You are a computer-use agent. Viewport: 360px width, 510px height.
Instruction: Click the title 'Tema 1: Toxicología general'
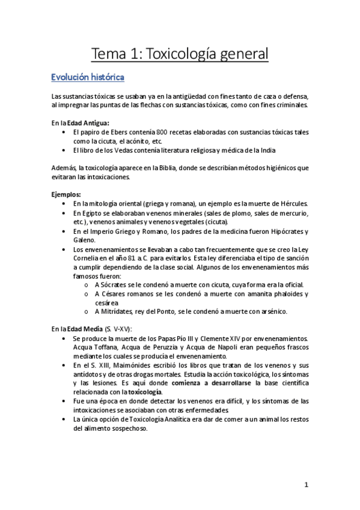(180, 55)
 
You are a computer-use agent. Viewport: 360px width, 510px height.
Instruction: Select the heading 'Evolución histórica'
(88, 78)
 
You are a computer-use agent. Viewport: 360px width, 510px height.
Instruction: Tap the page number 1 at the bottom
(306, 484)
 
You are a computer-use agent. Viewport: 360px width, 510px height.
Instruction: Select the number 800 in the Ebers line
(162, 131)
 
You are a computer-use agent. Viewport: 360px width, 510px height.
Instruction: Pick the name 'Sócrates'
(115, 284)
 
